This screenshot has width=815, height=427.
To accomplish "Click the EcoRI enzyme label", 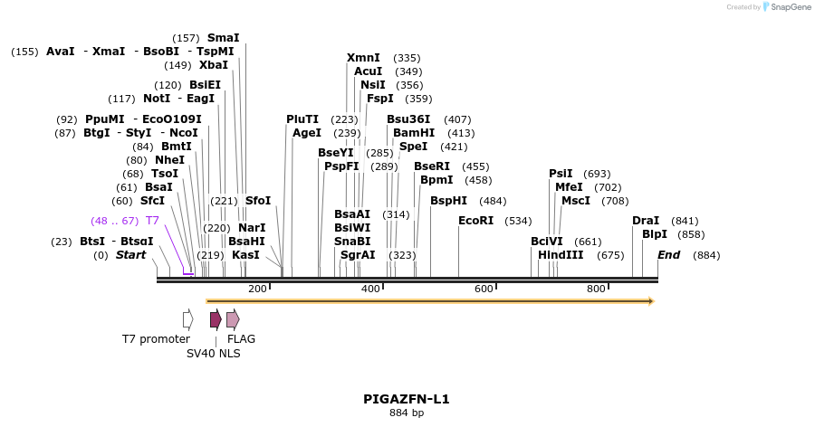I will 475,220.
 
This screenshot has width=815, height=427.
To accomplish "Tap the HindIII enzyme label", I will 561,255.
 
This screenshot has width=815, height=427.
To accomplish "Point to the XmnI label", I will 363,58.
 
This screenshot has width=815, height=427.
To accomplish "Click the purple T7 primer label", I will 152,220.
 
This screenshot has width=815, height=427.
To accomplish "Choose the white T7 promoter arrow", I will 187,318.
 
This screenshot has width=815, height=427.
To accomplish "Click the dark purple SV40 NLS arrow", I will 216,318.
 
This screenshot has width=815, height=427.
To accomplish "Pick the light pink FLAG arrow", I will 233,318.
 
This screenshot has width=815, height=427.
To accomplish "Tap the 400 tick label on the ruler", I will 370,289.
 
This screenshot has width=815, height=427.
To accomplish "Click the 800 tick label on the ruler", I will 596,289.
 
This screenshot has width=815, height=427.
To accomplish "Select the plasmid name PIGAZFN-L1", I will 407,399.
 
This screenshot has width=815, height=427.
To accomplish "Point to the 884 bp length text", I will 407,413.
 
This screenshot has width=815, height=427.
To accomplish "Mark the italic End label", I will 668,255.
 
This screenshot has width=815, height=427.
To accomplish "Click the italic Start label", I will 130,255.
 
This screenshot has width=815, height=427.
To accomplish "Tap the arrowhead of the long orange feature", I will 649,300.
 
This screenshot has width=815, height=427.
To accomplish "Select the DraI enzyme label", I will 646,220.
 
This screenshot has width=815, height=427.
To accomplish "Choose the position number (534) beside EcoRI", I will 518,221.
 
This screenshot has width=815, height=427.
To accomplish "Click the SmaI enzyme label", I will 224,38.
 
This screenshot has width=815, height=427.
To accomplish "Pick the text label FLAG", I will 241,339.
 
